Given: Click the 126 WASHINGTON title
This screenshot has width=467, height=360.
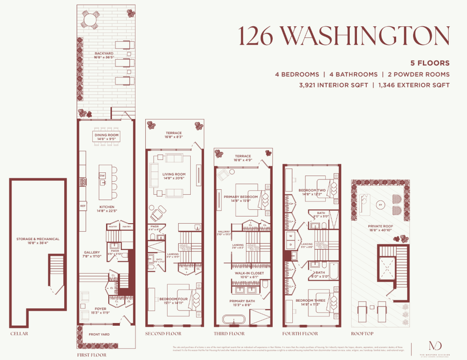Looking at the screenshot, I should point(344,36).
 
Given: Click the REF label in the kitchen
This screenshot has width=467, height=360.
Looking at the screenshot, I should point(83,206).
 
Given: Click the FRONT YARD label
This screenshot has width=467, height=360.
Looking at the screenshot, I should point(99,334).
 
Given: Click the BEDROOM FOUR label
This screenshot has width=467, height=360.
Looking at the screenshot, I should point(172,301).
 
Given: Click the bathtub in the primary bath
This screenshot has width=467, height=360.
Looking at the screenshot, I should point(233,319).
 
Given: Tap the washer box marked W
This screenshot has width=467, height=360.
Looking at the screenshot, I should point(291,236).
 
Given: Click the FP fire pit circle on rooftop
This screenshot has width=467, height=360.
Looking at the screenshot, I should point(380,205).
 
